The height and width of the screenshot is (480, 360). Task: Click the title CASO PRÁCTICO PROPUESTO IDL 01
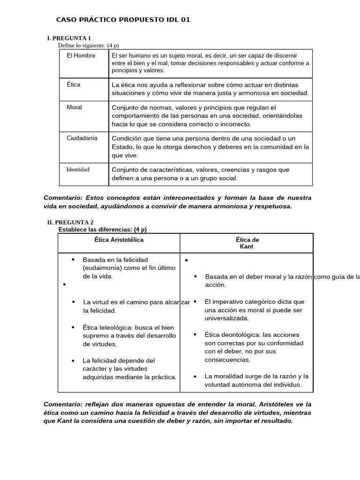pyautogui.click(x=123, y=20)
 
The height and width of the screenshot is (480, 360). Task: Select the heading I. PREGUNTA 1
pyautogui.click(x=69, y=38)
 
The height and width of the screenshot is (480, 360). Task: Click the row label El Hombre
pyautogui.click(x=81, y=56)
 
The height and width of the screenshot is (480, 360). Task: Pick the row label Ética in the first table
pyautogui.click(x=74, y=85)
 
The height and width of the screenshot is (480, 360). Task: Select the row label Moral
pyautogui.click(x=74, y=107)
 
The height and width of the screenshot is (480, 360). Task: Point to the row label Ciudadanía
pyautogui.click(x=82, y=138)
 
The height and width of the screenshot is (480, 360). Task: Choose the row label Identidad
pyautogui.click(x=78, y=169)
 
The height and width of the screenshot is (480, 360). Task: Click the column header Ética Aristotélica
pyautogui.click(x=119, y=240)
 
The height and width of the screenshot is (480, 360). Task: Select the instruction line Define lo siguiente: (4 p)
pyautogui.click(x=88, y=45)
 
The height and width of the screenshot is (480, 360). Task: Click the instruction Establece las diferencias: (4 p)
pyautogui.click(x=102, y=229)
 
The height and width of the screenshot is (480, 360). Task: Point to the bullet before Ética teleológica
pyautogui.click(x=74, y=327)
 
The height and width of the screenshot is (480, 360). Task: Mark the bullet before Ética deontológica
pyautogui.click(x=195, y=335)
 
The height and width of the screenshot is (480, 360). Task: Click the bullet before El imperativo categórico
pyautogui.click(x=195, y=301)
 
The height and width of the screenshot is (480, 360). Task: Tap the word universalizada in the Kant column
pyautogui.click(x=226, y=318)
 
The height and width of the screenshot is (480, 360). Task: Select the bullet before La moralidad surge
pyautogui.click(x=195, y=376)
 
